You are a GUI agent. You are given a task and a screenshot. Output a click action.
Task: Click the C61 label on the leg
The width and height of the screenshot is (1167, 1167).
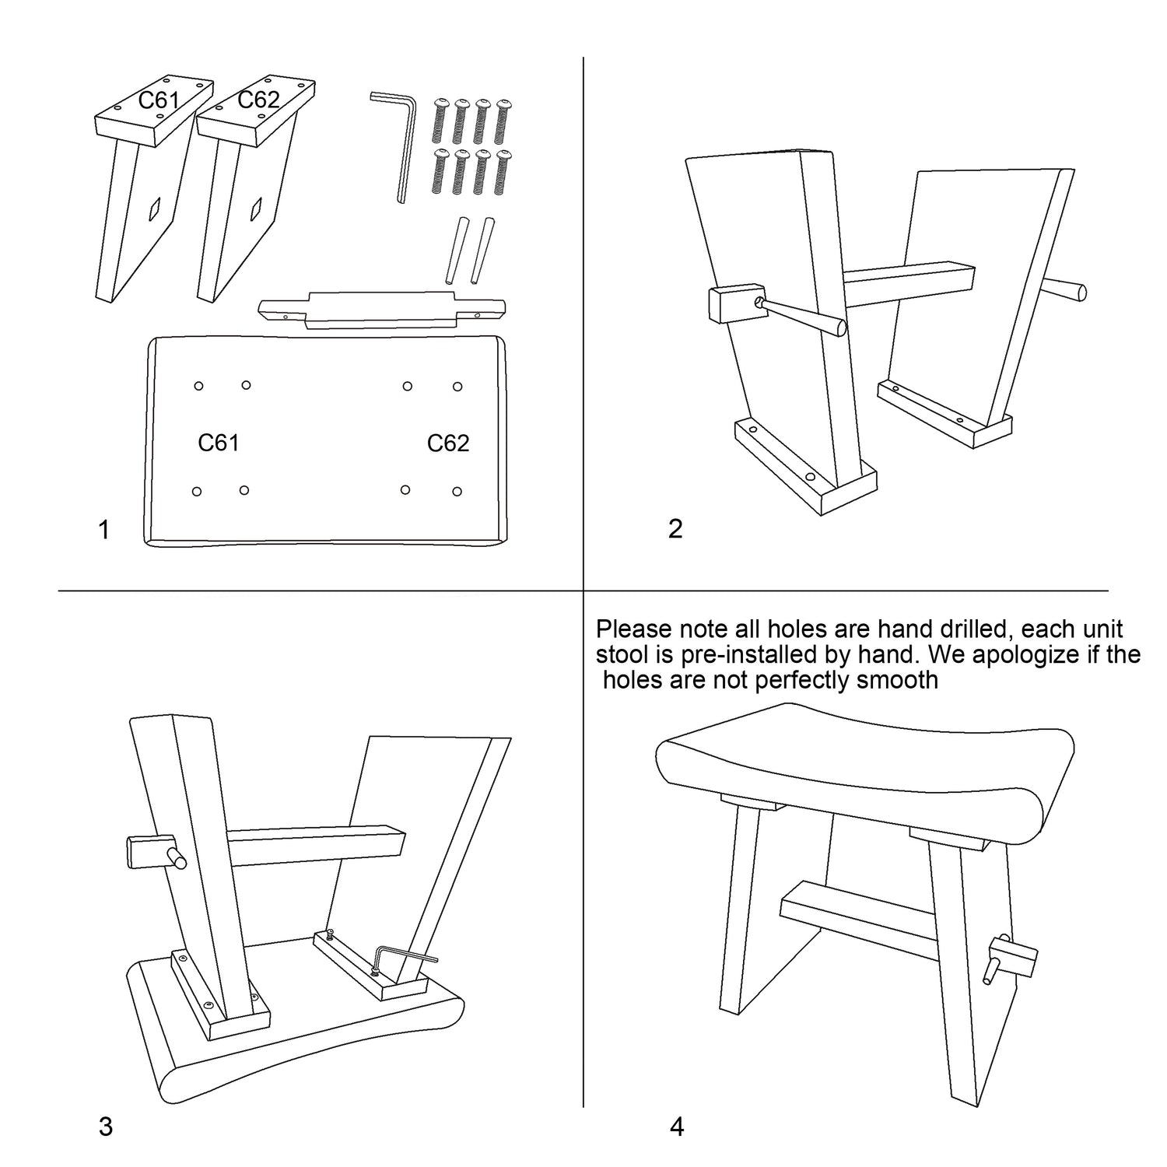click(159, 101)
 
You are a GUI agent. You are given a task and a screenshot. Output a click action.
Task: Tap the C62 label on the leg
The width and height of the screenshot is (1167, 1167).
click(258, 100)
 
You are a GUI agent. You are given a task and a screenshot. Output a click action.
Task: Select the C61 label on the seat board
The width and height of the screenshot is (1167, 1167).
click(219, 443)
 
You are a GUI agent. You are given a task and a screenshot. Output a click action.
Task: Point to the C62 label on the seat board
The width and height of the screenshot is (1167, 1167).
click(448, 443)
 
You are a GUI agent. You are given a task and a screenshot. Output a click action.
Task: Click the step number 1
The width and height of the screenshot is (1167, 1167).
click(103, 530)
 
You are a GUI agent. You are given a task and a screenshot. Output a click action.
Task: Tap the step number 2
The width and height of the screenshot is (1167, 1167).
click(675, 529)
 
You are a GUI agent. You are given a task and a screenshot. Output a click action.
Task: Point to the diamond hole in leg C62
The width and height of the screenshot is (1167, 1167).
click(257, 207)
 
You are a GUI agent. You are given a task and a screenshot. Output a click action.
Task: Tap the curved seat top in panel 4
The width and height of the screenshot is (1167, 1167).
click(865, 770)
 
